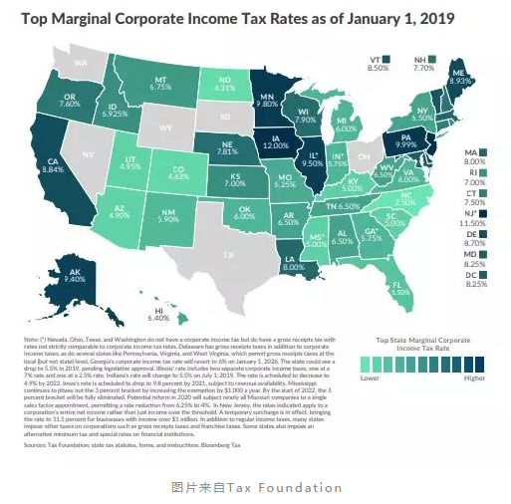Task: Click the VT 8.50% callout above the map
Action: point(376,63)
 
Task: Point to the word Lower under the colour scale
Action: point(368,378)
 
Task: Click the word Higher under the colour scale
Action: point(475,378)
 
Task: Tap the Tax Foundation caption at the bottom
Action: point(256,488)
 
